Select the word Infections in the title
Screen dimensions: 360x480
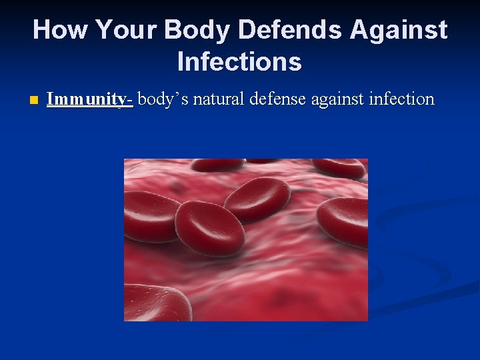pos(239,62)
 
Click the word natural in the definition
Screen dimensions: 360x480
pos(221,99)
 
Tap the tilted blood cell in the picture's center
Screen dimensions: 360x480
pos(257,199)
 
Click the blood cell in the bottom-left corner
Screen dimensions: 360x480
pos(156,303)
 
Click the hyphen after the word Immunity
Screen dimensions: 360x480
pos(130,100)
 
